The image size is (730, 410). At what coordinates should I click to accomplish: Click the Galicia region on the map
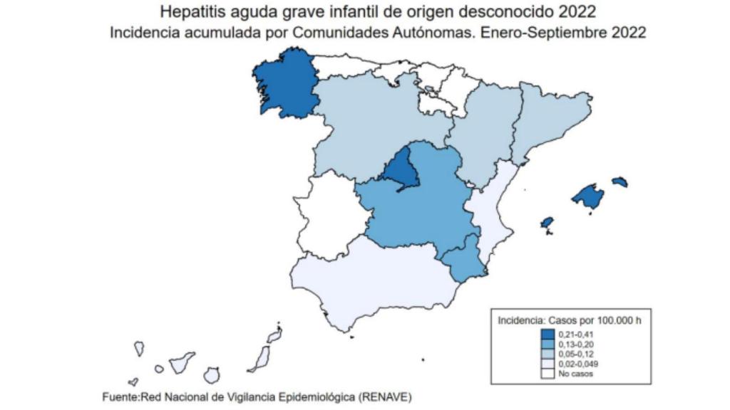click(283, 85)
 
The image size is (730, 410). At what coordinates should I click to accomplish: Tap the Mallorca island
click(588, 196)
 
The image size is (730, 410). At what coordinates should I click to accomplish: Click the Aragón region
click(485, 135)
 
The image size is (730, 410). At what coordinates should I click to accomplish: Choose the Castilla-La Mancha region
click(421, 210)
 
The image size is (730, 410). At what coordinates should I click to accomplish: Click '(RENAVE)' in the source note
click(385, 396)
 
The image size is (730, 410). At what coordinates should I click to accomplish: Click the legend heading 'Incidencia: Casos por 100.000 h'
click(569, 320)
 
